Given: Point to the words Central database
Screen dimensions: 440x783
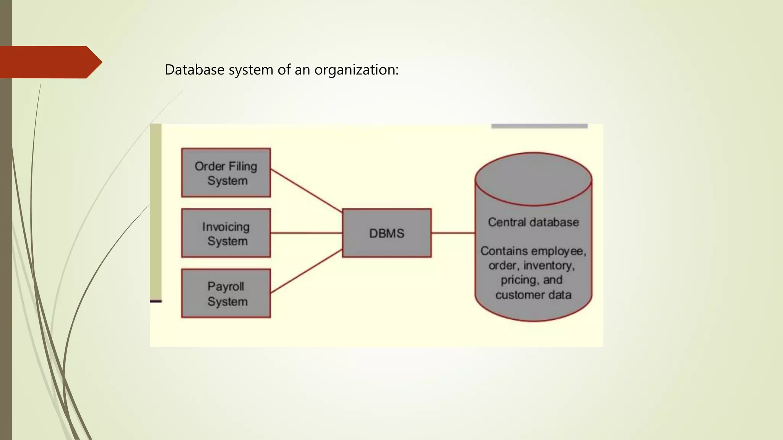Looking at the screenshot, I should point(533,222).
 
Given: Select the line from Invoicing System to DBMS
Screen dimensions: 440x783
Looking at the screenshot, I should point(306,233).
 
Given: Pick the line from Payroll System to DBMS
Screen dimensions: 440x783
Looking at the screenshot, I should point(306,271).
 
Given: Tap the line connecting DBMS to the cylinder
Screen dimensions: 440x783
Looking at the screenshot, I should point(453,233).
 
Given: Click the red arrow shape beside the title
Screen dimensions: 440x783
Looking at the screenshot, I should point(50,62).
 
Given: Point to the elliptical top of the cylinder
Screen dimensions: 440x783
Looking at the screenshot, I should point(533,179).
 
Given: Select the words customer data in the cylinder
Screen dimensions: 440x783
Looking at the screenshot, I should point(533,295).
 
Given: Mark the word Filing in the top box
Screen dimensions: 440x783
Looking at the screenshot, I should point(243,167).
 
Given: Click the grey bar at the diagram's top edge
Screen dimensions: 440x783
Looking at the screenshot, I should point(539,126).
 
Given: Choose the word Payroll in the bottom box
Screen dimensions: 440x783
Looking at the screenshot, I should point(226,286).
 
